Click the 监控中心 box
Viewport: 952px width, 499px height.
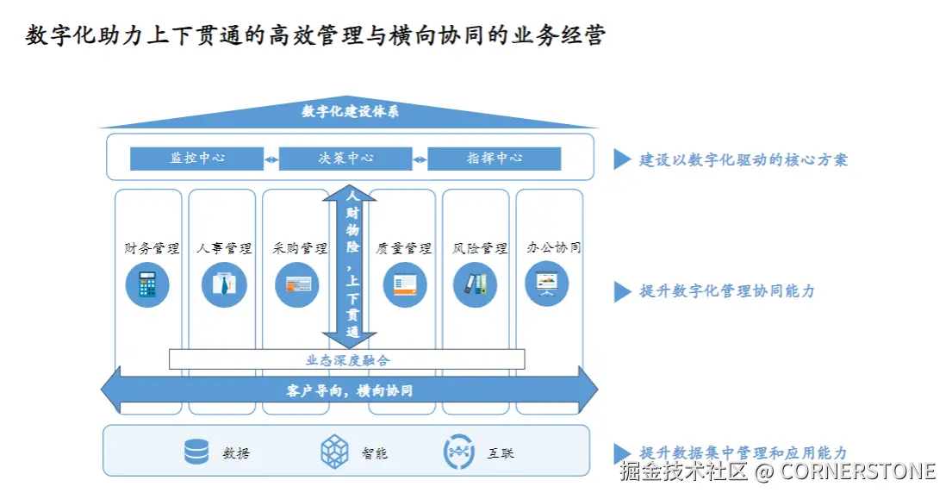(x=196, y=159)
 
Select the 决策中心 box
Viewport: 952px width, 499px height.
(x=345, y=159)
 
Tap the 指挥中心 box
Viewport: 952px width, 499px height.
(x=494, y=159)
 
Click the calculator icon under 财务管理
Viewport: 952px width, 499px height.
(x=147, y=284)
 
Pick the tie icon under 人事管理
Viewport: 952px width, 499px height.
(x=224, y=284)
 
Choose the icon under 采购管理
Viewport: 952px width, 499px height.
(x=297, y=284)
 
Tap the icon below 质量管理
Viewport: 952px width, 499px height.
(x=405, y=284)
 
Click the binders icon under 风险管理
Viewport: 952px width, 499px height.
(x=476, y=284)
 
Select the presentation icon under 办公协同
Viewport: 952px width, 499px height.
(x=547, y=284)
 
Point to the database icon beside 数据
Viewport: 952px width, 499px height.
(x=196, y=452)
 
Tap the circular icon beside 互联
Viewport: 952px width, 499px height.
(x=458, y=452)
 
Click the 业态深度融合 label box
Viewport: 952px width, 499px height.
(x=347, y=359)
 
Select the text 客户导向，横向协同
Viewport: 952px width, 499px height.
(x=349, y=390)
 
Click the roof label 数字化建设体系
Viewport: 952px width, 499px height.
(x=350, y=111)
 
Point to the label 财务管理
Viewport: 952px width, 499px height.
(x=152, y=248)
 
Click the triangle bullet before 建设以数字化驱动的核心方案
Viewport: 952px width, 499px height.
(x=622, y=159)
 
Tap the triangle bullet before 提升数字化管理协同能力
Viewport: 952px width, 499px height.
(x=622, y=291)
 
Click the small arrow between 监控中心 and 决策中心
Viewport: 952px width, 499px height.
(x=271, y=159)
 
